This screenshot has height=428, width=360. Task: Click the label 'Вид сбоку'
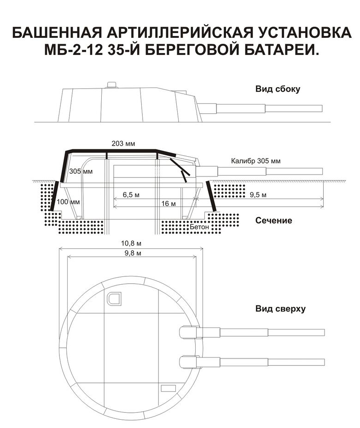pyautogui.click(x=278, y=89)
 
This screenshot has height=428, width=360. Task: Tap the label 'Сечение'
pyautogui.click(x=273, y=221)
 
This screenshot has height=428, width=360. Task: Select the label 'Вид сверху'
pyautogui.click(x=280, y=308)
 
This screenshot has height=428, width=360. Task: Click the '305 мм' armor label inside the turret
pyautogui.click(x=81, y=171)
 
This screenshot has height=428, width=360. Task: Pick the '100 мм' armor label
pyautogui.click(x=69, y=201)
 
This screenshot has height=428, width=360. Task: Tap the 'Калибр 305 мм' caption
pyautogui.click(x=255, y=161)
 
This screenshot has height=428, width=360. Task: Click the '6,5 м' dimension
pyautogui.click(x=131, y=194)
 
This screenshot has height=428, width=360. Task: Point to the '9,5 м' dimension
pyautogui.click(x=258, y=194)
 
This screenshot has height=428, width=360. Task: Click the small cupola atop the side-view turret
pyautogui.click(x=111, y=84)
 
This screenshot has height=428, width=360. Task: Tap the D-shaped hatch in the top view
pyautogui.click(x=114, y=299)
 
